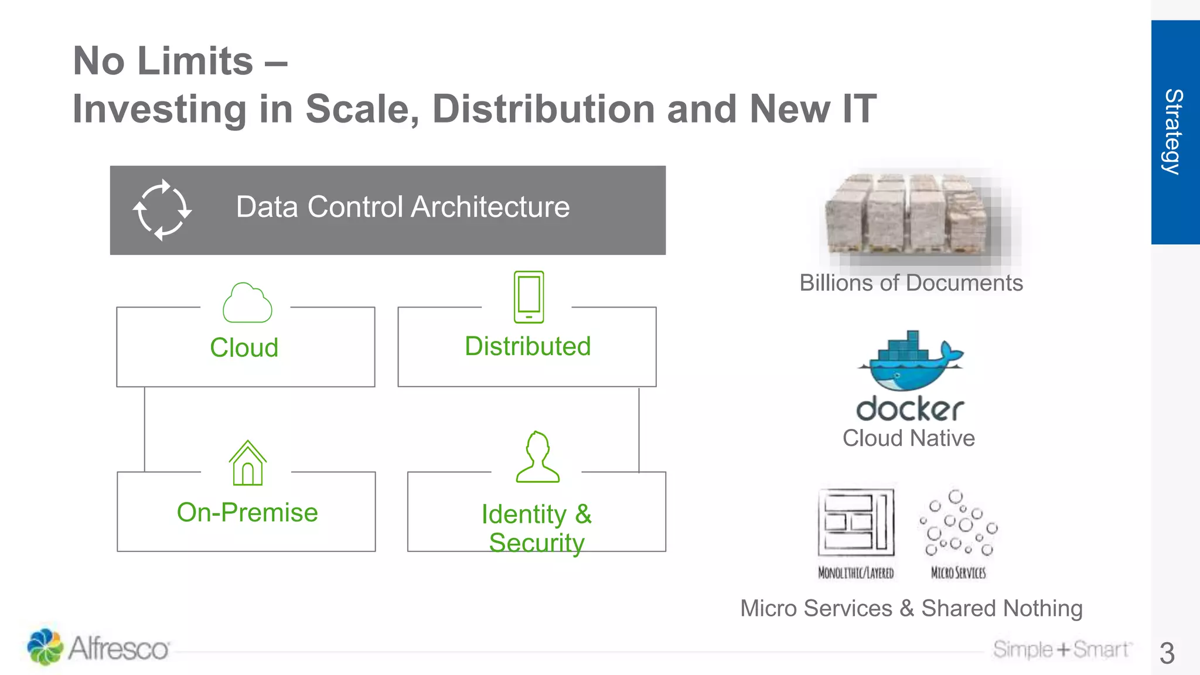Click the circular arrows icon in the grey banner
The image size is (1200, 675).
coord(162,210)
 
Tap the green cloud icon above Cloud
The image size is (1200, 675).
coord(247,303)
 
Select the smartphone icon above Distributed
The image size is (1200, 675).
coord(529,296)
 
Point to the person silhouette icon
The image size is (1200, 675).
coord(537,458)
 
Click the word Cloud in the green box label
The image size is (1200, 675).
coord(244,347)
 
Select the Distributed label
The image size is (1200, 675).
coord(527,346)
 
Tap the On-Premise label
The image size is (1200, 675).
coord(247,513)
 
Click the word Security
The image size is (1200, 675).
coord(537,543)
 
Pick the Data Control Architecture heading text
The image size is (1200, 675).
coord(403,207)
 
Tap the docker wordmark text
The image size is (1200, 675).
coord(910,409)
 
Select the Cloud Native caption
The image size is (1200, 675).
coord(908,438)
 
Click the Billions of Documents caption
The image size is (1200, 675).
coord(911,283)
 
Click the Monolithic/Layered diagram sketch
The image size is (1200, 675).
coord(856,523)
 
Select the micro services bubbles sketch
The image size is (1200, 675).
coord(959,523)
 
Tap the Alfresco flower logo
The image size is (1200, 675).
coord(45,646)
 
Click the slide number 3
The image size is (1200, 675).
coord(1167,653)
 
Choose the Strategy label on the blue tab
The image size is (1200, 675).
coord(1174,132)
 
